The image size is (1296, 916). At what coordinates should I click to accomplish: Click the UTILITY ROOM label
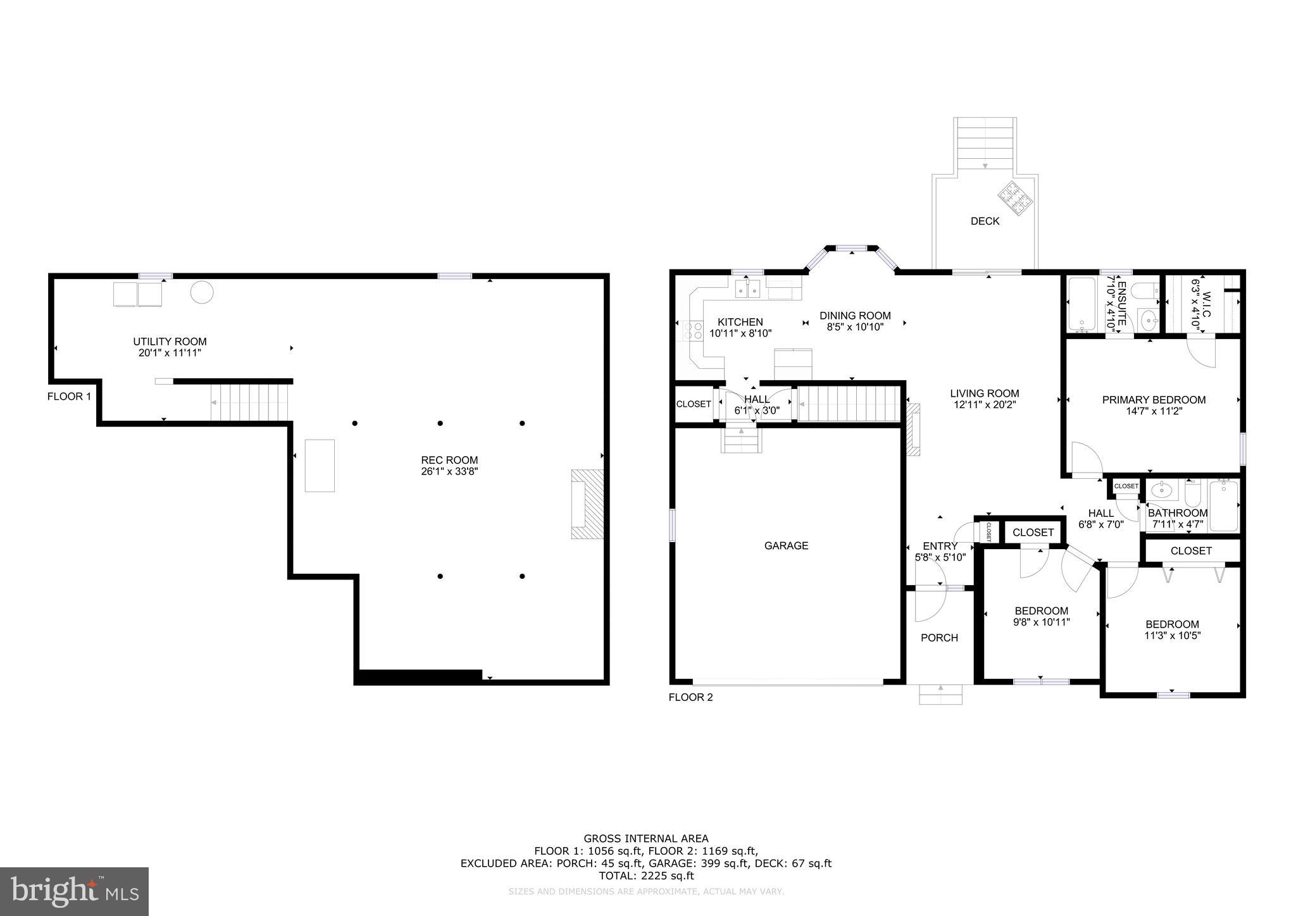point(170,342)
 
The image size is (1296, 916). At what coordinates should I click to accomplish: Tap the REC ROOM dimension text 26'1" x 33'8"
point(449,471)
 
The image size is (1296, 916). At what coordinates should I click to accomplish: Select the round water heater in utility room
point(202,292)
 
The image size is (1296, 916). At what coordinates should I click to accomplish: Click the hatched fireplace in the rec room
point(587,504)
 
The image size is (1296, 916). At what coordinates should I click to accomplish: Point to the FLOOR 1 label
point(69,397)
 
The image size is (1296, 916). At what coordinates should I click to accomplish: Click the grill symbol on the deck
point(1016,199)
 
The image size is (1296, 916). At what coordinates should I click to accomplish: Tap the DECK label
point(985,221)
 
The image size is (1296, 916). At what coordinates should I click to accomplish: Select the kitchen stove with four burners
point(693,330)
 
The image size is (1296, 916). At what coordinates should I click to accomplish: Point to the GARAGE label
point(786,545)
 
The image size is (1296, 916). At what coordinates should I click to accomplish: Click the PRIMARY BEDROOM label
point(1154,400)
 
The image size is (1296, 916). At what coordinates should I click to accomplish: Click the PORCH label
point(939,638)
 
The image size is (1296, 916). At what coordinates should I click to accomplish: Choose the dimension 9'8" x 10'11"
point(1041,622)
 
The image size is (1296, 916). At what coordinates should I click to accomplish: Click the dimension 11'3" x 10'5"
point(1172,635)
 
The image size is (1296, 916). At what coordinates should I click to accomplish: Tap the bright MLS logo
point(74,891)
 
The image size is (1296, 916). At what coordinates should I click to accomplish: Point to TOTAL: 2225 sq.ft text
point(646,876)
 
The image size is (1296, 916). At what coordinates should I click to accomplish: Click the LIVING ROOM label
point(984,393)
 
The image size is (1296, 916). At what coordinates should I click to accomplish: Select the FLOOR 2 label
point(690,697)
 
